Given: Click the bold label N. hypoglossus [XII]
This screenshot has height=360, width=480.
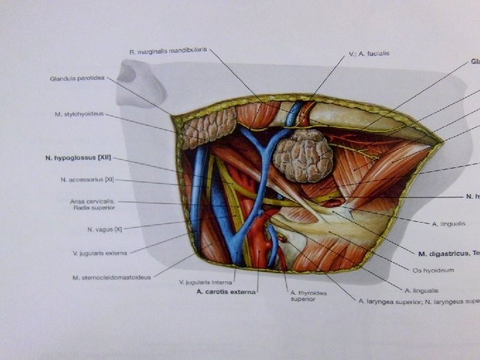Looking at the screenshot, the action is pyautogui.click(x=78, y=158).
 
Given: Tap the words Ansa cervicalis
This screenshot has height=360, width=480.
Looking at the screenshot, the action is pyautogui.click(x=93, y=201).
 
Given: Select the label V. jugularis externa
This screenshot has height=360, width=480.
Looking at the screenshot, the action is pyautogui.click(x=99, y=253).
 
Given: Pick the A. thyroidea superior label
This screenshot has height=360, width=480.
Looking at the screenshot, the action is pyautogui.click(x=306, y=295).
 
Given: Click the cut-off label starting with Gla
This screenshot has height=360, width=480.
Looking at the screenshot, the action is pyautogui.click(x=473, y=61).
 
